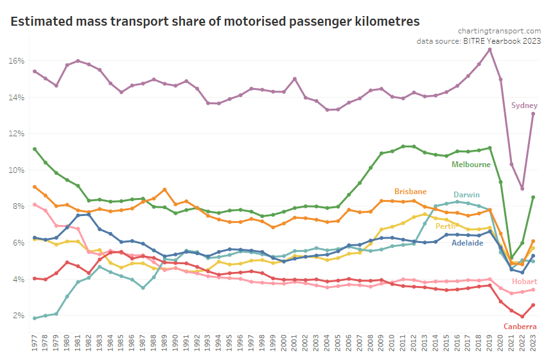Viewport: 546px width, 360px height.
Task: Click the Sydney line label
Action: (524, 105)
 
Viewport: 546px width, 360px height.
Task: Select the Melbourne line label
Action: (471, 165)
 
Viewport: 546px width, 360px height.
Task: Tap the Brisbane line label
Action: (410, 192)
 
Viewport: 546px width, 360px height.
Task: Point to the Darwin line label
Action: (466, 195)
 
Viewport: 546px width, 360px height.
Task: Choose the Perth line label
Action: (446, 226)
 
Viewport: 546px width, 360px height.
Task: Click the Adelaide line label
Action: (467, 243)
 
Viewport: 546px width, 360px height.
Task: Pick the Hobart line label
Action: (524, 282)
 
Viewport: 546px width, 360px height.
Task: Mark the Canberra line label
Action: (520, 327)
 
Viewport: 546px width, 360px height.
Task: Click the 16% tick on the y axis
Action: (17, 61)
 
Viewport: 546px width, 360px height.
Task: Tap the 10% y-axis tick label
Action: (17, 170)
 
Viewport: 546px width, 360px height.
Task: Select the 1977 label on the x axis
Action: (35, 341)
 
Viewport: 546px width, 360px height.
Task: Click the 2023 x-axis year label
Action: (533, 341)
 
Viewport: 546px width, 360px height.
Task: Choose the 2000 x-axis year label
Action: (284, 341)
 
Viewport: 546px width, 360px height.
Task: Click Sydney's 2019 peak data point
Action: (490, 50)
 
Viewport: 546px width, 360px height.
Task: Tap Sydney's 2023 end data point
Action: (533, 114)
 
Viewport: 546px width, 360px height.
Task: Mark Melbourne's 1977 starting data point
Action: (35, 149)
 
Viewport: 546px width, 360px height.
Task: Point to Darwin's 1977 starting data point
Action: (35, 318)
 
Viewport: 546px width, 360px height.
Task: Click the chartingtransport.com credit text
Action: (499, 30)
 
